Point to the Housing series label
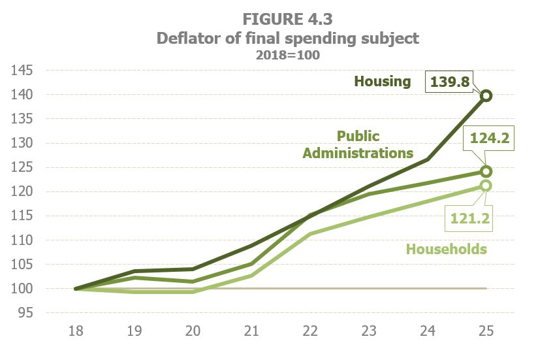click(383, 82)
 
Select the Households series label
click(447, 249)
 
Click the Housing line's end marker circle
click(486, 96)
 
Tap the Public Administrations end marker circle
click(486, 171)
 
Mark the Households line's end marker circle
click(486, 186)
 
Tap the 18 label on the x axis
click(76, 332)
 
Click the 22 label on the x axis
click(310, 332)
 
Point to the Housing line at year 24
click(428, 159)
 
